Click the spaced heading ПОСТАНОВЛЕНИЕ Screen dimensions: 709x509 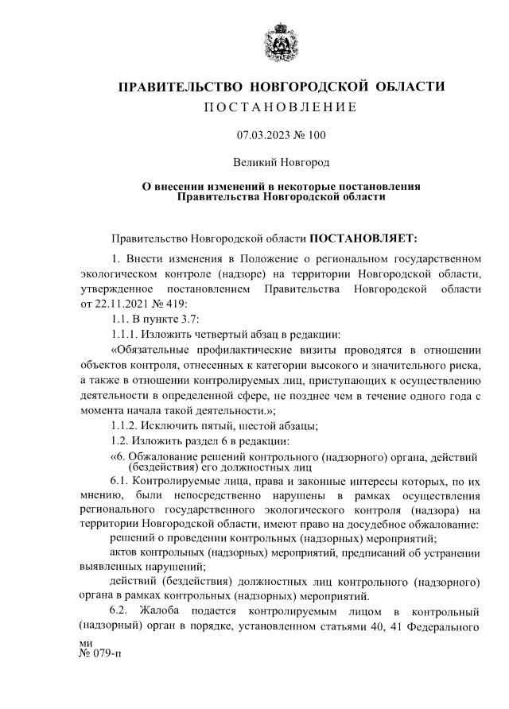(x=281, y=107)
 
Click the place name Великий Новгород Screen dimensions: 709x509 (x=281, y=162)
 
